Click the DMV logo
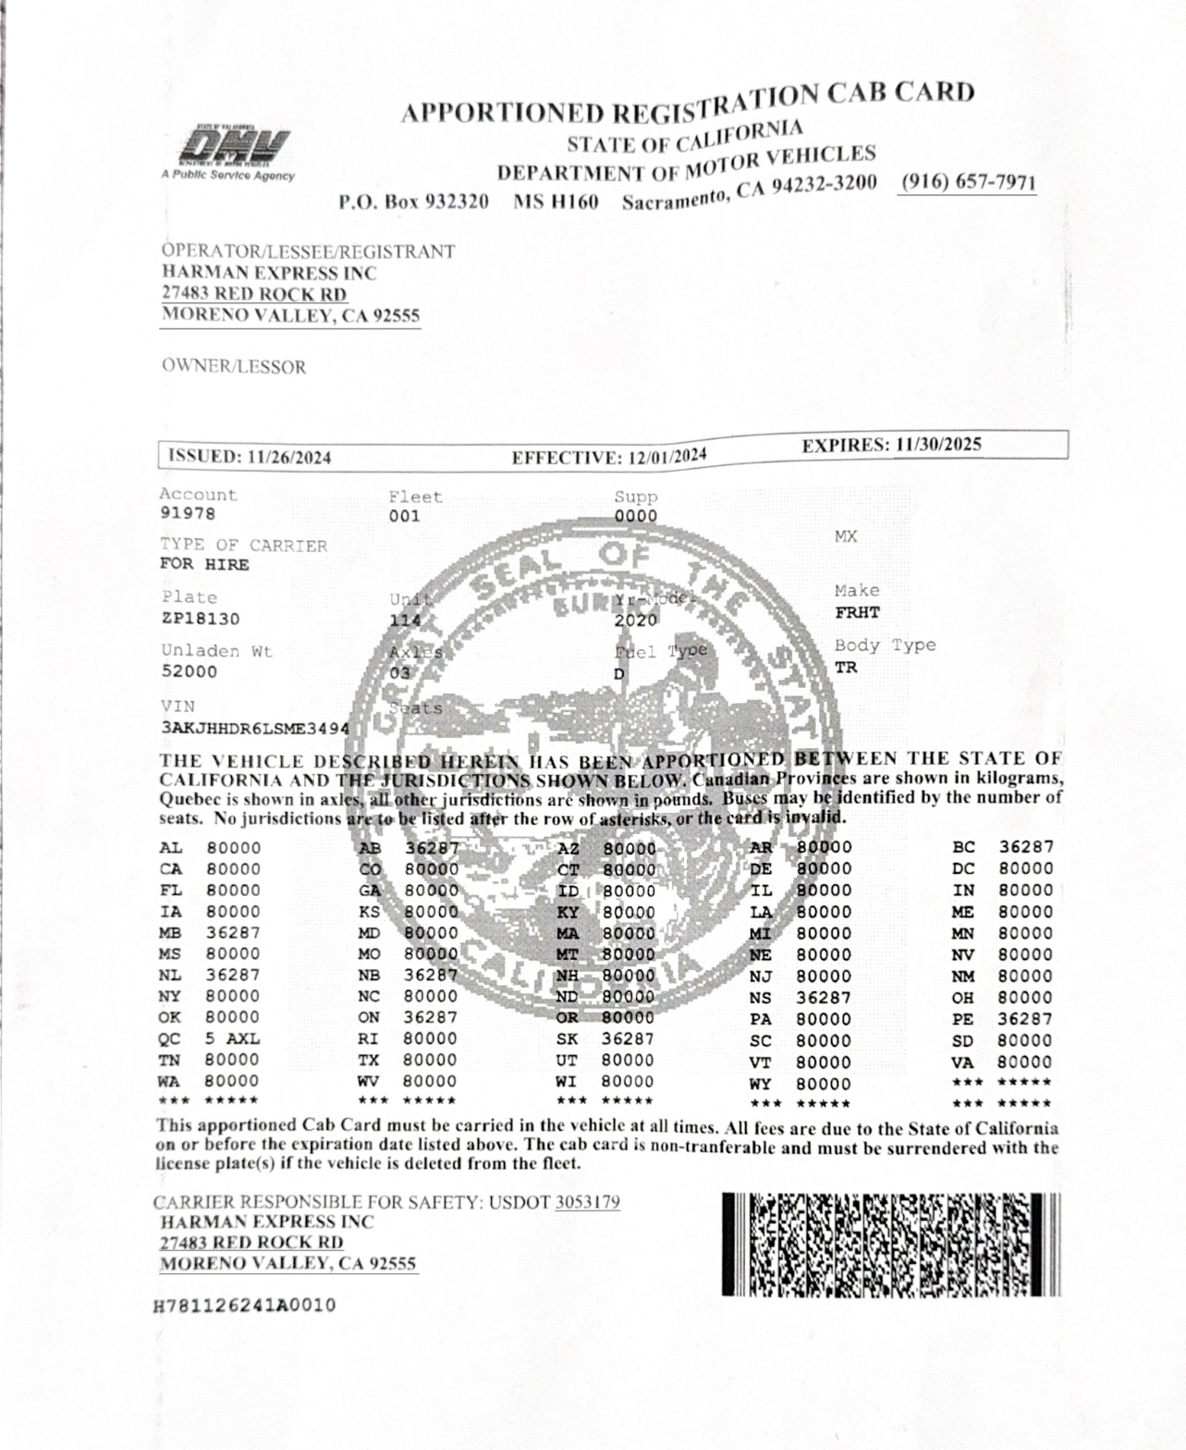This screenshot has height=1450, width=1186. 233,149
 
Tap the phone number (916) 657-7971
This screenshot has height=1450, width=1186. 968,182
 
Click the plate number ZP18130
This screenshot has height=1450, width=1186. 201,618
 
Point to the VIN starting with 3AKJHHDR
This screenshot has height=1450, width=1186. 255,728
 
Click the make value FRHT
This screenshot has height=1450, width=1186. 857,612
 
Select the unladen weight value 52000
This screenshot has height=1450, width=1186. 189,671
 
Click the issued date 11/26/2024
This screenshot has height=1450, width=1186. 287,457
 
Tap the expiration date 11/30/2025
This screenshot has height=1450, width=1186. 938,445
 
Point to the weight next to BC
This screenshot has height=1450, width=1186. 1025,846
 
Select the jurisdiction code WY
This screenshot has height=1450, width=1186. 760,1084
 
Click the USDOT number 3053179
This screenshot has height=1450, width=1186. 587,1202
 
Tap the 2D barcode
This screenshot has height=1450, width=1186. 891,1244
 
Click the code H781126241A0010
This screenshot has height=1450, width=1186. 246,1306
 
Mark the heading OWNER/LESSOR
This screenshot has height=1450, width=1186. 233,367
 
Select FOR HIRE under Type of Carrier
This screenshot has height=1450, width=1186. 204,564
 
